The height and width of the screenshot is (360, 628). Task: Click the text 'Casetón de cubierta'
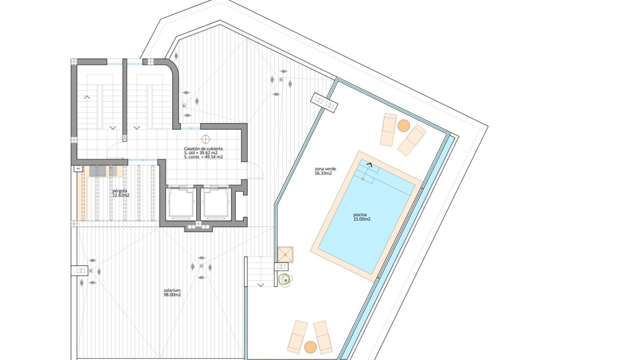coord(203,149)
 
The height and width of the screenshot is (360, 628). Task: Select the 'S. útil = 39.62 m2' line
coord(203,153)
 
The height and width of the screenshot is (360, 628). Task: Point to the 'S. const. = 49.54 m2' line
coord(203,157)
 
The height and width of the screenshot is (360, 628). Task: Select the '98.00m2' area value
coord(172,294)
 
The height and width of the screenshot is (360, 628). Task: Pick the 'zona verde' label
coord(326,169)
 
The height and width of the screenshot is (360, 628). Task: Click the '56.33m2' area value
coord(323,174)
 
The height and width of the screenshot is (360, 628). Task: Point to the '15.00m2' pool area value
coord(362,219)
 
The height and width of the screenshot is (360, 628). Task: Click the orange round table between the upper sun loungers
coord(403,126)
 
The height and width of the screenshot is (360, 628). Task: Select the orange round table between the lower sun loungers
coord(310,346)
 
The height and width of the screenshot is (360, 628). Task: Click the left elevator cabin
coord(181,203)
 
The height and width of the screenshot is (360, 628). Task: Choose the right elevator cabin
coord(215,203)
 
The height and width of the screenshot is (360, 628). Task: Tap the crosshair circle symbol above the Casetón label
coord(206,140)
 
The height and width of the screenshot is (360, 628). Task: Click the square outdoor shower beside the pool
coord(286,254)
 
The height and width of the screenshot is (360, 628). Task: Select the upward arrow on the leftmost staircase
coord(87,97)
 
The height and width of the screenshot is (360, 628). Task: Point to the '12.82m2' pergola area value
coord(120,195)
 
